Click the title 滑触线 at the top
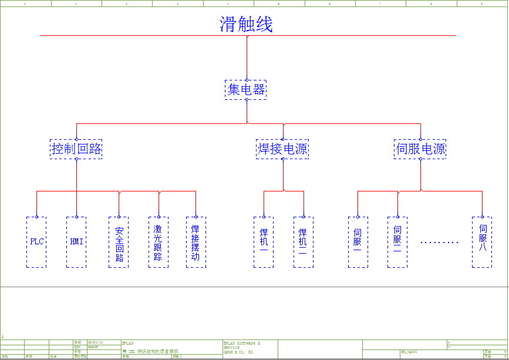(x=246, y=25)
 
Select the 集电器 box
(x=247, y=90)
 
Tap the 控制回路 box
(x=76, y=149)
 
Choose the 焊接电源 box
(x=282, y=149)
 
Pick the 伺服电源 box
(x=420, y=149)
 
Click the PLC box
(x=36, y=242)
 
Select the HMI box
(x=76, y=242)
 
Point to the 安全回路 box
(x=119, y=242)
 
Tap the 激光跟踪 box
(x=158, y=242)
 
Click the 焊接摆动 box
(x=195, y=242)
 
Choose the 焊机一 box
(x=264, y=242)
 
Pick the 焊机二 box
(x=303, y=242)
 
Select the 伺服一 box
(x=358, y=242)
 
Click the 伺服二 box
(x=397, y=242)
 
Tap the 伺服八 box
(x=482, y=242)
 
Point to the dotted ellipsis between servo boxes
(x=439, y=242)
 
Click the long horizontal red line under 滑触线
(x=147, y=36)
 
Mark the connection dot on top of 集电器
(x=247, y=80)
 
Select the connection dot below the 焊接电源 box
(x=282, y=159)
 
